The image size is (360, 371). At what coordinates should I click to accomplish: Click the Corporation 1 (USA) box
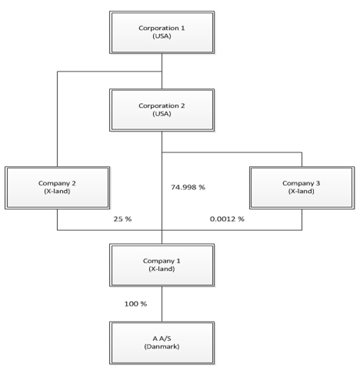click(x=162, y=32)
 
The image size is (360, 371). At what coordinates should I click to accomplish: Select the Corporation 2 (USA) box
click(x=162, y=110)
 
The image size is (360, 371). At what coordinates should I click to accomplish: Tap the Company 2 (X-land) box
click(x=57, y=188)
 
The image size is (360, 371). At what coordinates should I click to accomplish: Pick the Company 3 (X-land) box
click(x=302, y=188)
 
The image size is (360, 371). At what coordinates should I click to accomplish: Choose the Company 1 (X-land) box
click(x=162, y=265)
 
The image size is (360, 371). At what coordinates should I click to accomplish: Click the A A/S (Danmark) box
click(x=162, y=343)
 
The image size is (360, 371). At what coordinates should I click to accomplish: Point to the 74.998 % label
click(x=188, y=187)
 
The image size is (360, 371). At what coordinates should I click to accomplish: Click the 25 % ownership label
click(x=122, y=219)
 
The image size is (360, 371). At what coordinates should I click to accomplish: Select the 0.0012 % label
click(x=227, y=219)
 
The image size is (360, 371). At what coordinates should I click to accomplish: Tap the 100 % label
click(x=135, y=304)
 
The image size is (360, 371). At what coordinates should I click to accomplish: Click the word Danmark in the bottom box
click(x=162, y=346)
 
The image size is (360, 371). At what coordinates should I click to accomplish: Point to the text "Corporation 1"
click(x=162, y=28)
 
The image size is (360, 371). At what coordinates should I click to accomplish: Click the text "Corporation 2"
click(x=162, y=105)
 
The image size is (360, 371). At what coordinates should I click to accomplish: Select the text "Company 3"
click(x=302, y=183)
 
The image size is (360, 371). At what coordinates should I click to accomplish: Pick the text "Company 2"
click(x=57, y=183)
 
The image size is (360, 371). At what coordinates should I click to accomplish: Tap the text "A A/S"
click(x=162, y=339)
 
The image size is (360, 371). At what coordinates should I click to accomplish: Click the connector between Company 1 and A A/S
click(x=162, y=304)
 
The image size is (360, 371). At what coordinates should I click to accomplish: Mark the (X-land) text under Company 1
click(x=162, y=269)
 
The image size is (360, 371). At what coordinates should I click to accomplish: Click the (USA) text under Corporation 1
click(x=162, y=36)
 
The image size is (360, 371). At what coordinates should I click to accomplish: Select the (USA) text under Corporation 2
click(x=162, y=114)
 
